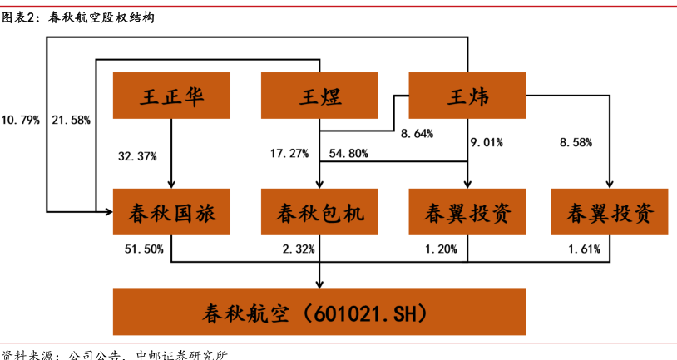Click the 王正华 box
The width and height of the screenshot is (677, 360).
pyautogui.click(x=172, y=96)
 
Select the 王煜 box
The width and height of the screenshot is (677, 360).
pyautogui.click(x=320, y=96)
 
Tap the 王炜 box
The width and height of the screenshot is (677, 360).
pyautogui.click(x=467, y=96)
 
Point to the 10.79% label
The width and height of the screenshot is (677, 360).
pyautogui.click(x=21, y=120)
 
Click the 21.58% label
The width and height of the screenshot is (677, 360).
pyautogui.click(x=71, y=120)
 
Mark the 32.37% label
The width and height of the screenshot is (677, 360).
pyautogui.click(x=138, y=155)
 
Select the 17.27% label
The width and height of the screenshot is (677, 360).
pyautogui.click(x=289, y=153)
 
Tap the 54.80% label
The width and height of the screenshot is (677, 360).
pyautogui.click(x=349, y=153)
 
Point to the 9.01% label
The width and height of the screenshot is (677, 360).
pyautogui.click(x=487, y=142)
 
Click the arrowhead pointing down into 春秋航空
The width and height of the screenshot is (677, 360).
pyautogui.click(x=320, y=284)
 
